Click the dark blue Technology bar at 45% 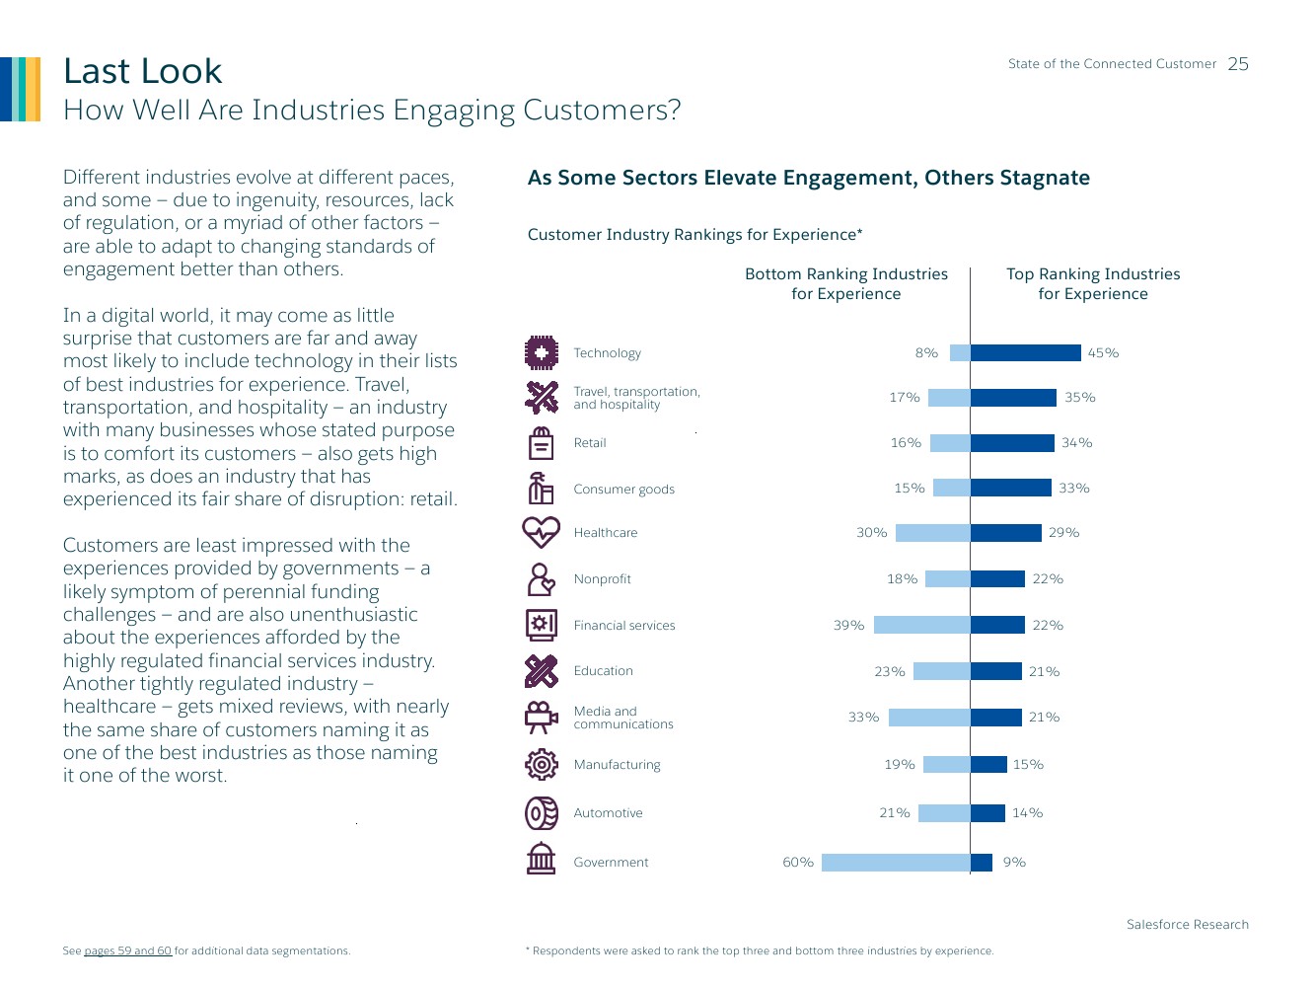[x=1026, y=352]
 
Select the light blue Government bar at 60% [x=896, y=863]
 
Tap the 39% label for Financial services [x=848, y=625]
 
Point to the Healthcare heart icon [x=541, y=532]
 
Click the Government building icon [x=541, y=859]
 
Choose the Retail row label [x=590, y=443]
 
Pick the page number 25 [x=1238, y=64]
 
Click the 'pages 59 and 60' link [x=128, y=951]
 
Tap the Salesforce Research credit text [x=1187, y=925]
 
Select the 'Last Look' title [x=143, y=71]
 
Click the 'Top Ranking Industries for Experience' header [x=1093, y=284]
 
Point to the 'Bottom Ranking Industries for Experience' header [x=846, y=284]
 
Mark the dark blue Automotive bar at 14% [x=987, y=813]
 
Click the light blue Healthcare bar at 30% [x=933, y=533]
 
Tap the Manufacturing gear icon [x=541, y=764]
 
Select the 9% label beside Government [x=1014, y=863]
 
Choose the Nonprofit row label [x=603, y=579]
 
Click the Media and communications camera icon [x=541, y=717]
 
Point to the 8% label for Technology [x=926, y=353]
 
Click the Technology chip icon [x=541, y=351]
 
